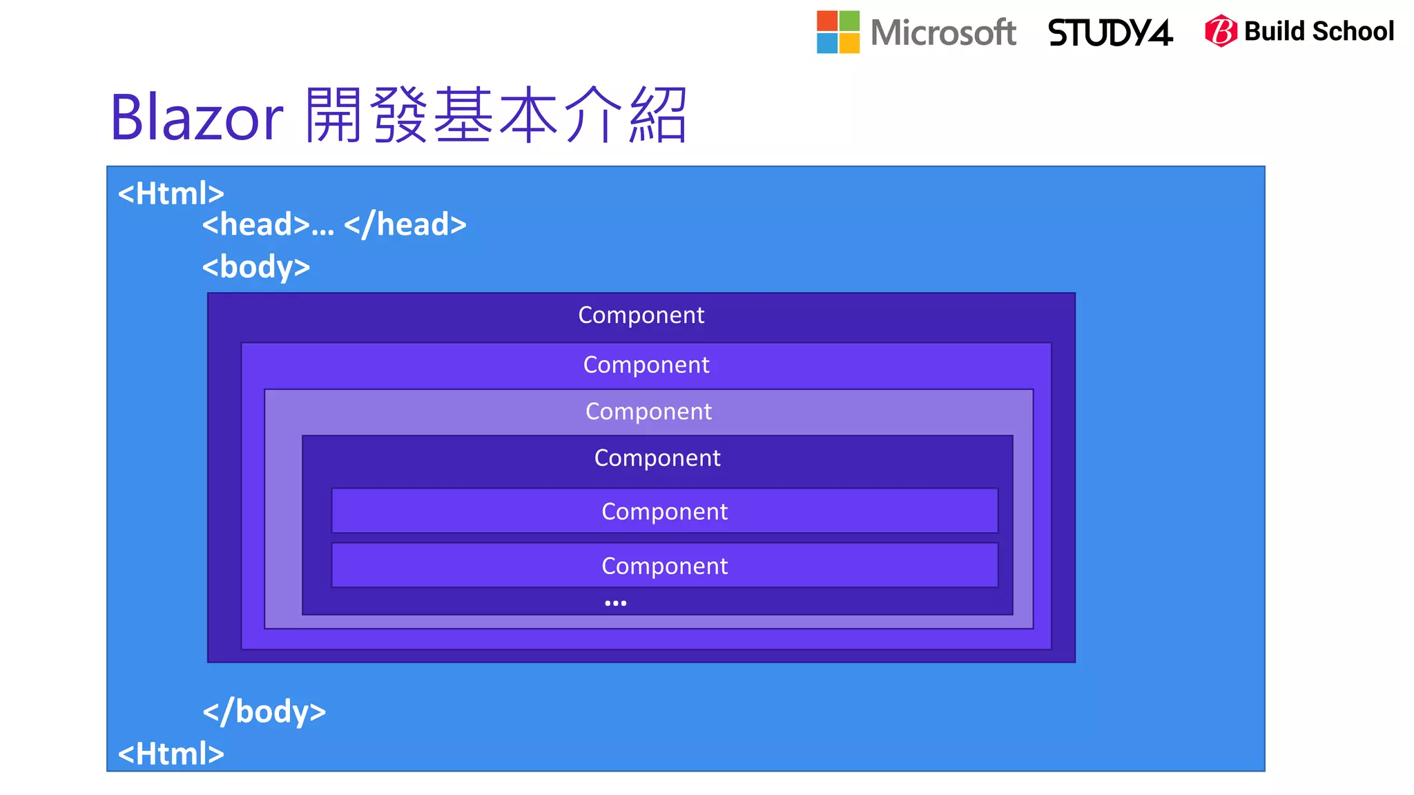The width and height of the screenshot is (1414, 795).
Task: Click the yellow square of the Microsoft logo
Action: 850,43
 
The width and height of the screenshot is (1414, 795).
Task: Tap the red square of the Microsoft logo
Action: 827,21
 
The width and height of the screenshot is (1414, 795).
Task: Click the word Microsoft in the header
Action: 943,32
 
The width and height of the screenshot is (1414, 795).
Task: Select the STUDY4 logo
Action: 1110,32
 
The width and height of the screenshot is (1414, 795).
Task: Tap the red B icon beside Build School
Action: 1221,31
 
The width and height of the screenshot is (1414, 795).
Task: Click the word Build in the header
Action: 1275,31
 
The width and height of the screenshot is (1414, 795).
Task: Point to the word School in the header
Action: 1353,31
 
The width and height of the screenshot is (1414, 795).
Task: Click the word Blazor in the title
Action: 197,117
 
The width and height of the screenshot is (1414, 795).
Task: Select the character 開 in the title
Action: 334,115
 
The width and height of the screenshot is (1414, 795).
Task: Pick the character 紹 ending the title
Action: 657,115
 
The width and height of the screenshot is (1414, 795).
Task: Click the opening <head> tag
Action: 256,225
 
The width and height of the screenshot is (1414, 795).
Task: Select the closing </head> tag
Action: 405,225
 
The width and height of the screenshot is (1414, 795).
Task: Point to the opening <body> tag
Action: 256,267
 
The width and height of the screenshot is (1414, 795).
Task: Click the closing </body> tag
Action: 264,711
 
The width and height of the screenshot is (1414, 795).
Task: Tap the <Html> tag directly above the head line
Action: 171,193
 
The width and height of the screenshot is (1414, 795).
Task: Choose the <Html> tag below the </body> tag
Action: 171,754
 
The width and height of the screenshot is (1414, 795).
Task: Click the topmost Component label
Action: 641,315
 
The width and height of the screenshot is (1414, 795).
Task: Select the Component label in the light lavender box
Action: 648,411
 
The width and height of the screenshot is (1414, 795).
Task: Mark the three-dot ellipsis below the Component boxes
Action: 615,603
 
